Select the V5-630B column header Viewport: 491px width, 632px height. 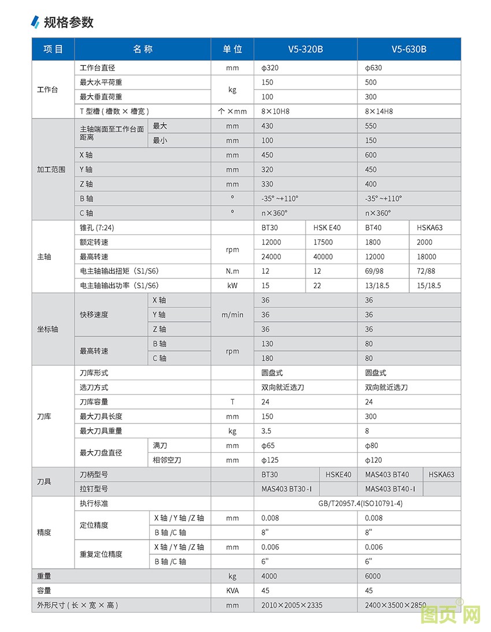coord(408,49)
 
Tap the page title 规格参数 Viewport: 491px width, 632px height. coord(68,23)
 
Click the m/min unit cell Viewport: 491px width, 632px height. coord(232,315)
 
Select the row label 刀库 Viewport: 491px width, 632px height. coord(44,416)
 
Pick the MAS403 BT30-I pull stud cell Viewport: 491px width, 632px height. coord(287,489)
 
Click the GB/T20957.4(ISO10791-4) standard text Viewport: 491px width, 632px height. coord(360,503)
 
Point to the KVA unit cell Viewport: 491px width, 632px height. coord(232,590)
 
